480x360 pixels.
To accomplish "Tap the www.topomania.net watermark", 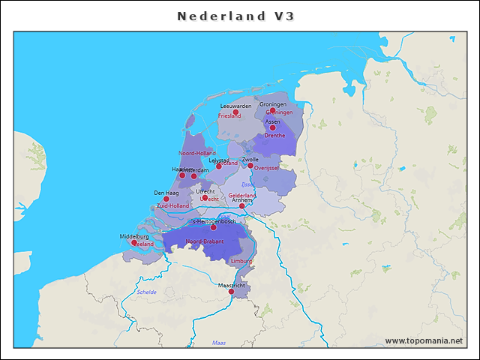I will pyautogui.click(x=424, y=341).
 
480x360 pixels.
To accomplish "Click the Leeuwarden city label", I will pyautogui.click(x=236, y=106).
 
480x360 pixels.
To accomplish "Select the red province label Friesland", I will pyautogui.click(x=229, y=116).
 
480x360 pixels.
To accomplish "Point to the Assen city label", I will pyautogui.click(x=273, y=121).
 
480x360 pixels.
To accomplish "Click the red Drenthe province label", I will pyautogui.click(x=275, y=136).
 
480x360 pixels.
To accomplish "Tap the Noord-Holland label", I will pyautogui.click(x=197, y=153).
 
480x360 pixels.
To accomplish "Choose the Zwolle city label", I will pyautogui.click(x=250, y=160).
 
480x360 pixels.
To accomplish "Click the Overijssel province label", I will pyautogui.click(x=267, y=168).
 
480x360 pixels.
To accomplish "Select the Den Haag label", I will pyautogui.click(x=166, y=193).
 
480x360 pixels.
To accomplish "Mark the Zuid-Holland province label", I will pyautogui.click(x=172, y=205).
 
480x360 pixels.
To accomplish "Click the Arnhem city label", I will pyautogui.click(x=241, y=200).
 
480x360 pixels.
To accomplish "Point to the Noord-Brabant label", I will pyautogui.click(x=205, y=241).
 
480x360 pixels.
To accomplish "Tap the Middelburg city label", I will pyautogui.click(x=134, y=236).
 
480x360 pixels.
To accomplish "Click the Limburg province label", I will pyautogui.click(x=241, y=261).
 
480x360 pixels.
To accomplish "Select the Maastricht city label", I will pyautogui.click(x=232, y=286).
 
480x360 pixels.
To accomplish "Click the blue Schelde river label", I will pyautogui.click(x=147, y=292).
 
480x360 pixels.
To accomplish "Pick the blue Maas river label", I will pyautogui.click(x=219, y=343).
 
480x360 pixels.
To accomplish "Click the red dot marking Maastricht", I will pyautogui.click(x=231, y=292).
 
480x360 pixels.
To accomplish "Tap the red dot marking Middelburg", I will pyautogui.click(x=134, y=242).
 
